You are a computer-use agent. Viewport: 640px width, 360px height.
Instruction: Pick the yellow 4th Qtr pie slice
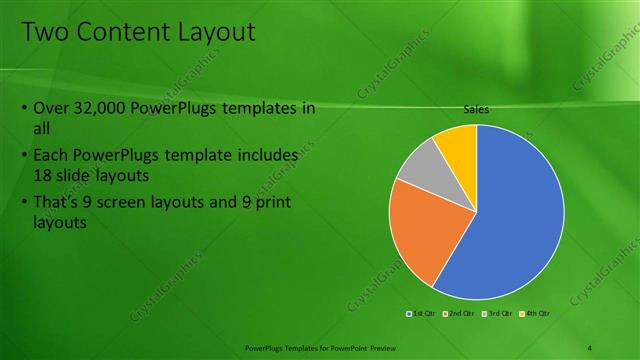click(x=459, y=143)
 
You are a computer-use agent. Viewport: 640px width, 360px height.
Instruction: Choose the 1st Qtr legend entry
click(x=422, y=313)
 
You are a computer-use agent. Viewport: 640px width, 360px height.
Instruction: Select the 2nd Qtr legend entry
click(x=460, y=313)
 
